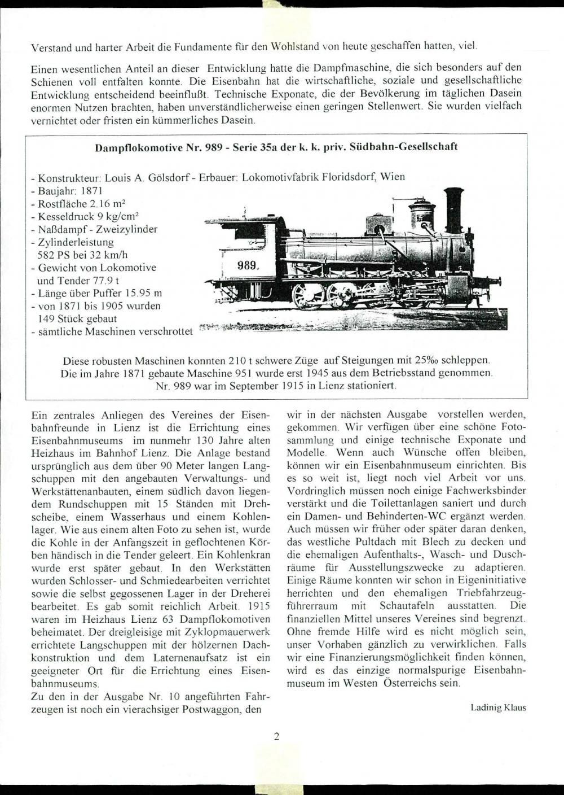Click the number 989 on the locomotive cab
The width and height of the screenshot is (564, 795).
248,264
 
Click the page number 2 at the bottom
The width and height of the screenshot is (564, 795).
276,736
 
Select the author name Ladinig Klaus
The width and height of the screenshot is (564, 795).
498,707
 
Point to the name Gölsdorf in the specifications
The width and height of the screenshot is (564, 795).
169,177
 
